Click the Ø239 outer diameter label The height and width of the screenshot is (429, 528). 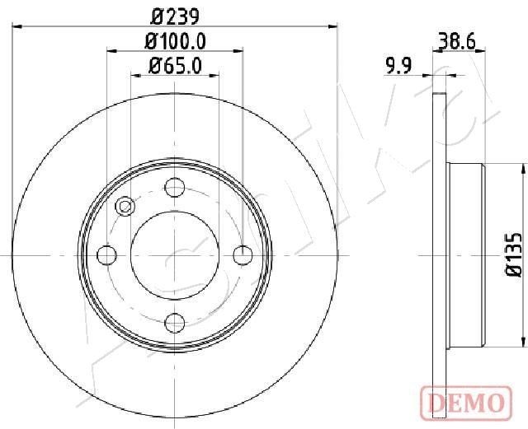[174, 16]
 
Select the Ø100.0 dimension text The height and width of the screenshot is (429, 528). [174, 40]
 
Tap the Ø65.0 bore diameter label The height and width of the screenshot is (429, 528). [174, 65]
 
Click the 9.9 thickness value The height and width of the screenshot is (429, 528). [400, 67]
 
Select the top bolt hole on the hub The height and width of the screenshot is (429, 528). [174, 188]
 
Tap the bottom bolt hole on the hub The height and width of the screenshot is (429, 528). [174, 322]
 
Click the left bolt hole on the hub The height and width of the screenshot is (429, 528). [107, 255]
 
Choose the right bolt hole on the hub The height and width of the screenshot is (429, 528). [242, 255]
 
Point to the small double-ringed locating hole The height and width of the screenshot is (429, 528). [125, 207]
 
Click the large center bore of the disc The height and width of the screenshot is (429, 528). [174, 255]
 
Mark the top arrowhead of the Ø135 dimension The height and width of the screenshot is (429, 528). [523, 168]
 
